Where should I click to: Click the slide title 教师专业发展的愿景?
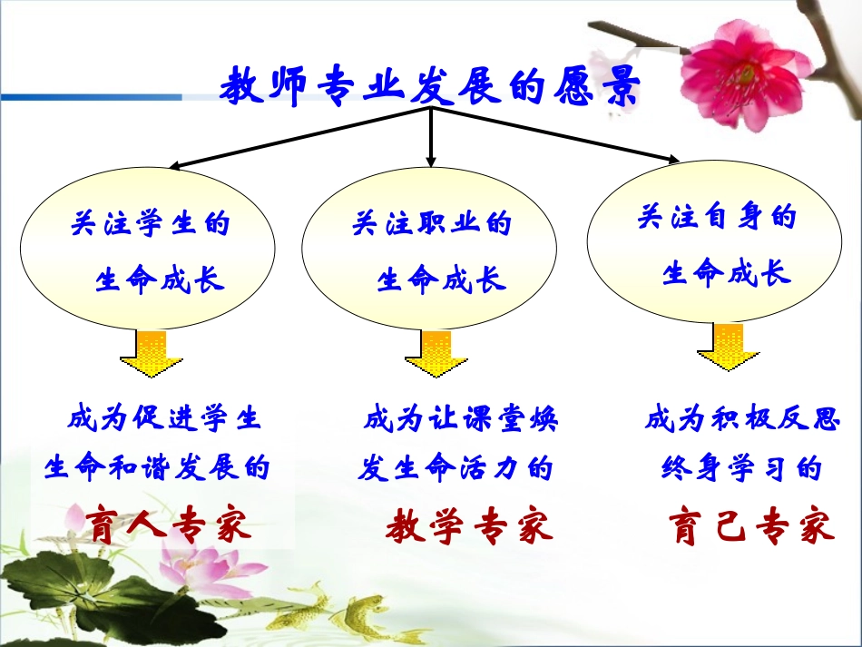(x=430, y=88)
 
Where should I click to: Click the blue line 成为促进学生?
(x=164, y=419)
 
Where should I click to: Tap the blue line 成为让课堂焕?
(x=460, y=419)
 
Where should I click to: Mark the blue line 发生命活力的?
(x=455, y=468)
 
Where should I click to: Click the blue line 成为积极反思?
(x=742, y=419)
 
